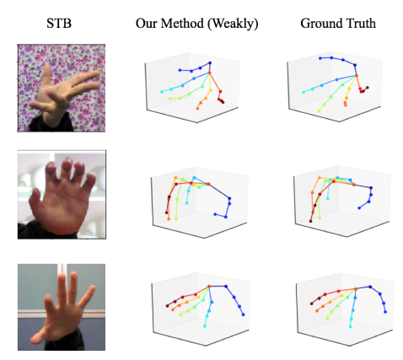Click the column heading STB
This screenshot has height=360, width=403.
(x=59, y=23)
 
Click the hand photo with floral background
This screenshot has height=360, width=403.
(x=62, y=88)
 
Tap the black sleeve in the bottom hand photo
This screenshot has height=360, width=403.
(x=65, y=341)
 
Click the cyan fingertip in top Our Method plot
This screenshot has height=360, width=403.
(x=162, y=92)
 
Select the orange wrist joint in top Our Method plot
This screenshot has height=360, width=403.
(x=209, y=73)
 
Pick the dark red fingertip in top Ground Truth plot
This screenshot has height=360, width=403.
(x=368, y=88)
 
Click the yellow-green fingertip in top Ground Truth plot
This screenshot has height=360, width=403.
(x=319, y=111)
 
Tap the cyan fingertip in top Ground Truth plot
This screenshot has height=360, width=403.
(x=304, y=92)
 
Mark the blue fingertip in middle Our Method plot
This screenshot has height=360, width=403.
(x=215, y=214)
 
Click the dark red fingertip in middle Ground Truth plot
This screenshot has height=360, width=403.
(x=310, y=222)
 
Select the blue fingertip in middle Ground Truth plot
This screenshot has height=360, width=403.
(x=359, y=208)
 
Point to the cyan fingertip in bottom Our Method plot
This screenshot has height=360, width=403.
(x=205, y=326)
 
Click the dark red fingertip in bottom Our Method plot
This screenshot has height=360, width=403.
(x=168, y=306)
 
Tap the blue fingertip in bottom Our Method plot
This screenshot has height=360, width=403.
(x=243, y=314)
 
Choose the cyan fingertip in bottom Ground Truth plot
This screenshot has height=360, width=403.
(x=350, y=326)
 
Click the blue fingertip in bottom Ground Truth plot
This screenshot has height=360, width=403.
(x=385, y=312)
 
